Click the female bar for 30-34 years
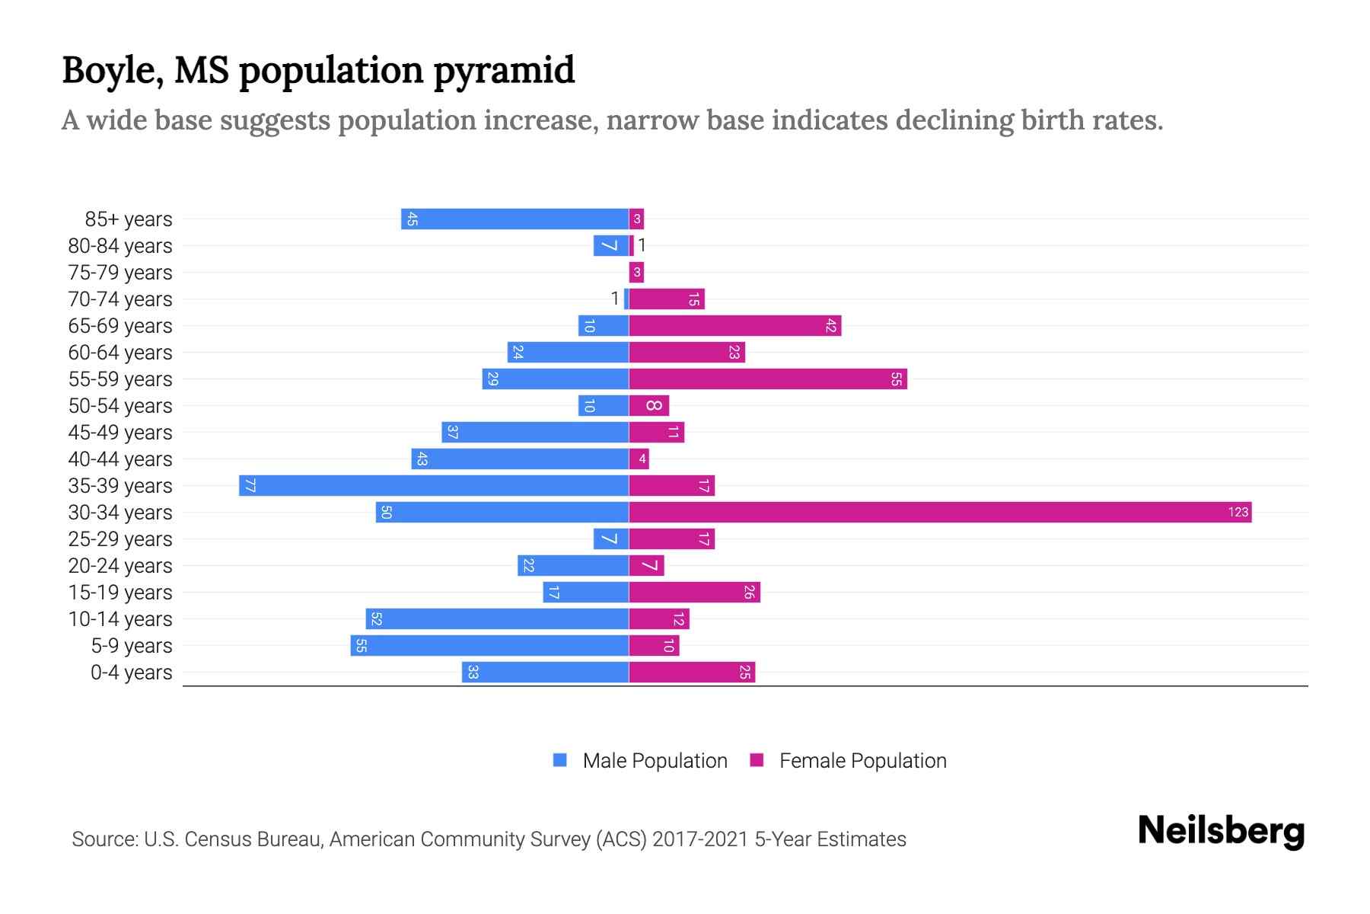[x=940, y=512]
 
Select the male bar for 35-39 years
[x=434, y=485]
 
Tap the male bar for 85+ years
[x=515, y=219]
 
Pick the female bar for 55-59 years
[x=768, y=379]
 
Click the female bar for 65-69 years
[x=734, y=325]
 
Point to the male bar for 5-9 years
[x=489, y=645]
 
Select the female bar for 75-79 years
[x=636, y=272]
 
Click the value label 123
[x=1238, y=512]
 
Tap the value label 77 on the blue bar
[x=250, y=485]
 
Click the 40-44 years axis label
[x=120, y=459]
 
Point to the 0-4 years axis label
[x=131, y=673]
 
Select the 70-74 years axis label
[x=120, y=299]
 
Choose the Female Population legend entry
[x=849, y=760]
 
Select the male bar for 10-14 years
[x=497, y=618]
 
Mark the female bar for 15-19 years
[x=694, y=592]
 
